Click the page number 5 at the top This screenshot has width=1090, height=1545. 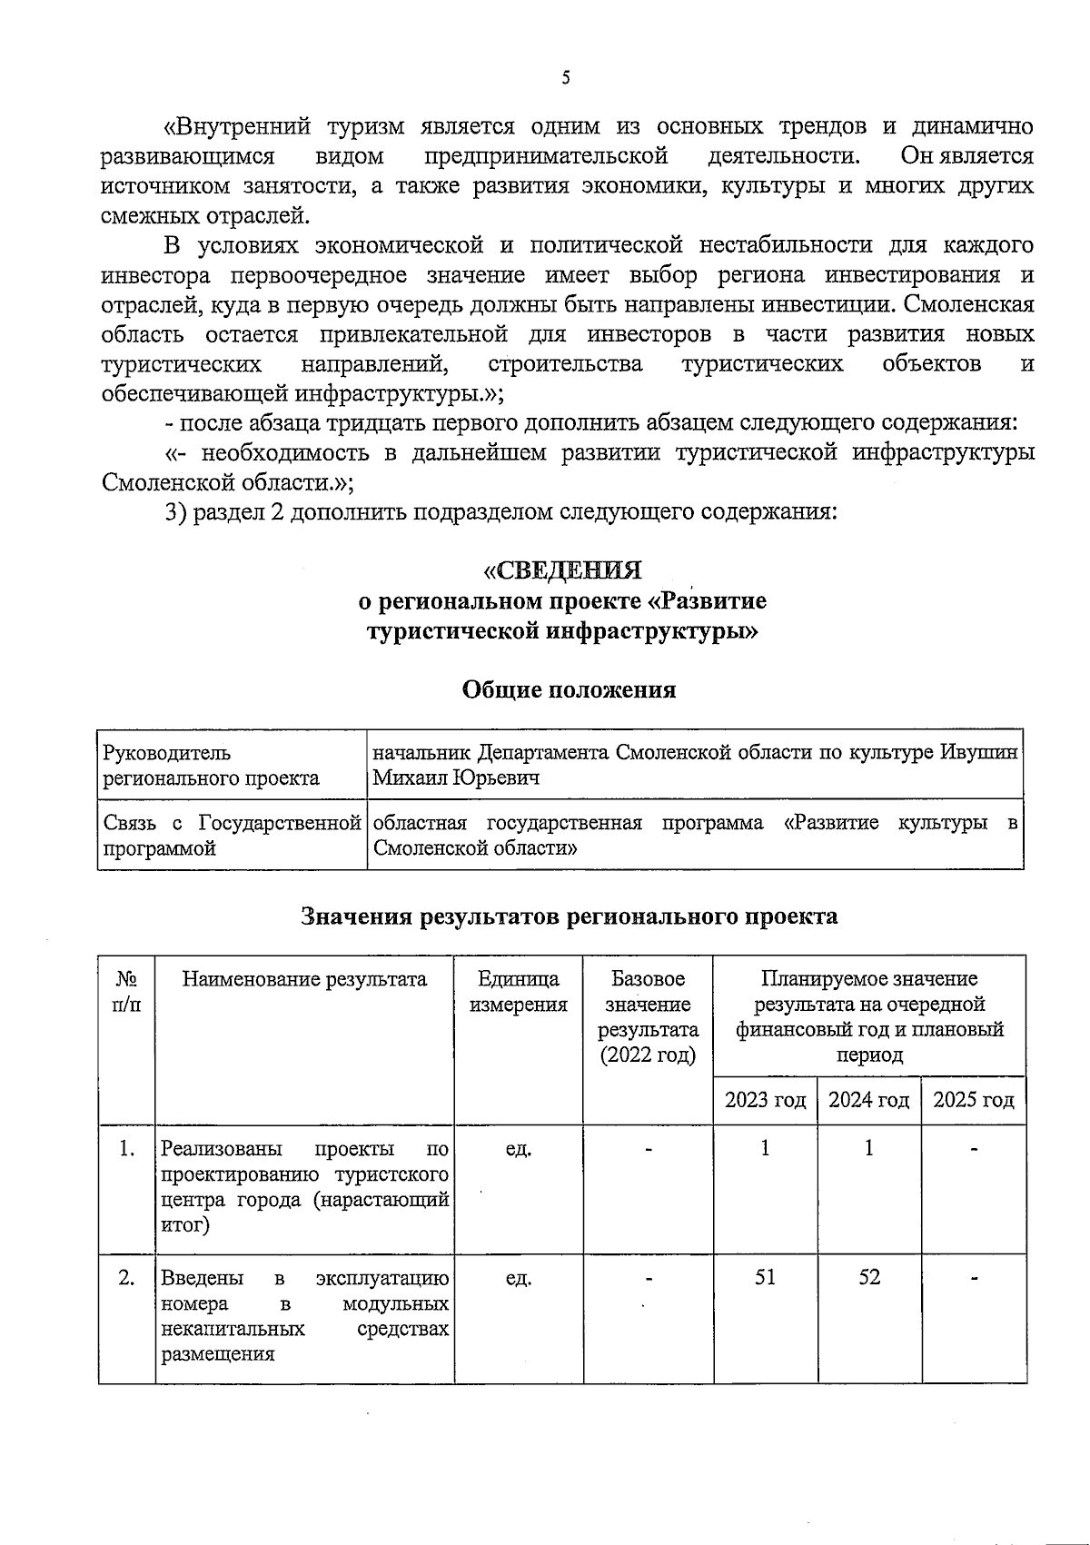[565, 78]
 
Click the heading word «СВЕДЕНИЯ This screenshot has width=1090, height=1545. [563, 570]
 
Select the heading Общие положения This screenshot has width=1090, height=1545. [569, 689]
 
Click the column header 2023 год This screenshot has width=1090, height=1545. [765, 1100]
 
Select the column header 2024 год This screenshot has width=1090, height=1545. [868, 1100]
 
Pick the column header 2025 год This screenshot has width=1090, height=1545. [973, 1100]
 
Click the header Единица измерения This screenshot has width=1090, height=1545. [518, 992]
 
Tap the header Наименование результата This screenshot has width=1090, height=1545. [304, 979]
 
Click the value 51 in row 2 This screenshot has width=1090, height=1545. [765, 1277]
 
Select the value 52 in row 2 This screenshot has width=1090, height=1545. [868, 1277]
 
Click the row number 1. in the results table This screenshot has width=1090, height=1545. [127, 1149]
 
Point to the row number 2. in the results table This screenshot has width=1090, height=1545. [127, 1278]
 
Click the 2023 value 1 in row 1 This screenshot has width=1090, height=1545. [765, 1148]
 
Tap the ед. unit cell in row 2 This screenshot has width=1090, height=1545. [518, 1278]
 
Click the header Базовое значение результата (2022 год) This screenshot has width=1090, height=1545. [648, 1017]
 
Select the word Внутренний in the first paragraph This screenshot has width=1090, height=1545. [236, 125]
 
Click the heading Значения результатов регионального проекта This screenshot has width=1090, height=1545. [569, 916]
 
